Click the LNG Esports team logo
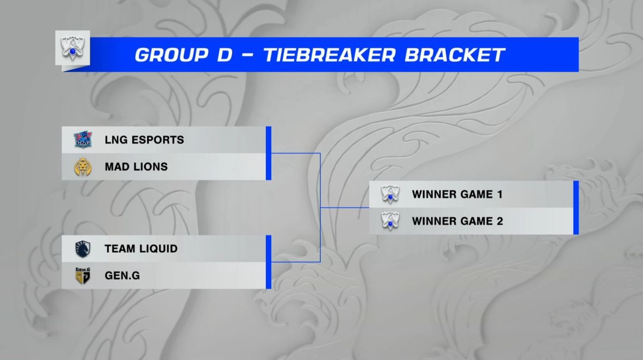pos(83,139)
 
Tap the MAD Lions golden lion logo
pos(83,167)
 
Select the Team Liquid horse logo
pos(83,249)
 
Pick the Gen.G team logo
pos(83,275)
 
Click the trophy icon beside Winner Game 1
pos(390,194)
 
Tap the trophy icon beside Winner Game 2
pos(390,221)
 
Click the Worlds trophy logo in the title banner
pos(73,48)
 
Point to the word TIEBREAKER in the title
pos(330,55)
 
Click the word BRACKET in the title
pos(455,55)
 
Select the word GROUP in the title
pos(171,55)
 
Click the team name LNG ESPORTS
pos(144,140)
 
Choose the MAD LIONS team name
pos(136,167)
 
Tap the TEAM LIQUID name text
pos(141,249)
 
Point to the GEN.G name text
pos(122,275)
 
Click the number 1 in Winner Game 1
pos(500,194)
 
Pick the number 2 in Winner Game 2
pos(500,221)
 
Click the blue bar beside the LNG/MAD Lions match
pos(268,153)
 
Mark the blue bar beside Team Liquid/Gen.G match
pos(268,262)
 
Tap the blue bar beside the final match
pos(576,207)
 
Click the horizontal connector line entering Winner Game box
pos(345,207)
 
